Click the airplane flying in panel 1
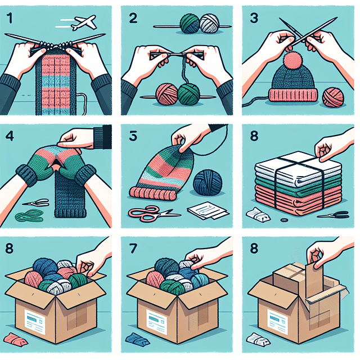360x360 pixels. (x=84, y=22)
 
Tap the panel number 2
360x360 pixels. (x=133, y=19)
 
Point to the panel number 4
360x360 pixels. (x=10, y=136)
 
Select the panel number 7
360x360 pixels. (x=133, y=249)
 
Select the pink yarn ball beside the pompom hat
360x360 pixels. (x=333, y=97)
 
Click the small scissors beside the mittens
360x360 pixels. (x=36, y=202)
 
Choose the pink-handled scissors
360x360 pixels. (x=154, y=213)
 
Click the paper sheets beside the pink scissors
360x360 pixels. (x=208, y=210)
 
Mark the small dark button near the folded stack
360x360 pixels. (x=283, y=220)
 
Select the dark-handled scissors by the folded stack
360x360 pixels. (x=334, y=215)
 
